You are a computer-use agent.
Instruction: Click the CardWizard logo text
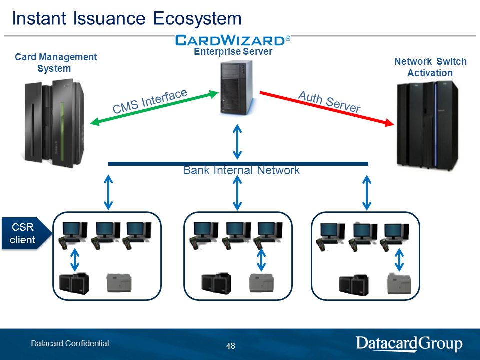232,40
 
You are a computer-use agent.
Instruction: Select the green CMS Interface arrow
154,108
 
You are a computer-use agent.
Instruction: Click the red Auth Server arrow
327,109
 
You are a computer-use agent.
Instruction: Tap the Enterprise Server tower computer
237,88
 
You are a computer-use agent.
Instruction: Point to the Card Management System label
55,63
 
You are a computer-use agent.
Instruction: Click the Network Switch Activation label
430,67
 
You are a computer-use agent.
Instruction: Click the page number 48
231,346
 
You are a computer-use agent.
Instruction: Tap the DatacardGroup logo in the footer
409,343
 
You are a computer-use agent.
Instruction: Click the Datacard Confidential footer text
70,343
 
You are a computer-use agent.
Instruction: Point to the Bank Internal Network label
241,170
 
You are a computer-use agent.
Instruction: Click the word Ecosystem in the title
197,18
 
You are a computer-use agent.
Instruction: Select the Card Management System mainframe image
55,123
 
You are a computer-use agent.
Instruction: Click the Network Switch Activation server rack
427,125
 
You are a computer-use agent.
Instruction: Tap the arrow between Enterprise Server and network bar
237,141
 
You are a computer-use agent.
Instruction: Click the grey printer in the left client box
119,283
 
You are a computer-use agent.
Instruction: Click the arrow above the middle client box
237,193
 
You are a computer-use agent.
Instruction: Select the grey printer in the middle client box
262,283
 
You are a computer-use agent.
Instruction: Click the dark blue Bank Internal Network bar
238,164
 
